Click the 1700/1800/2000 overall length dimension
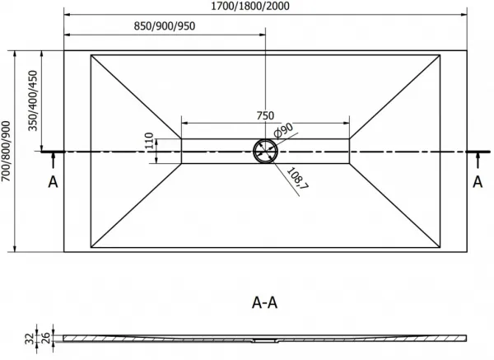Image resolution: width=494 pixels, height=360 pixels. (x=249, y=6)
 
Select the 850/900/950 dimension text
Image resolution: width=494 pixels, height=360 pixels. (x=165, y=26)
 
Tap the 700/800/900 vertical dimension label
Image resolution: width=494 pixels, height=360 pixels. (x=6, y=152)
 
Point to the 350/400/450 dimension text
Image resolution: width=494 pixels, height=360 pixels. (x=33, y=101)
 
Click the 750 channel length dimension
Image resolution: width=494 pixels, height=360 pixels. (x=265, y=115)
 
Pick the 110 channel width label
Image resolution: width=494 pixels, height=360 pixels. (x=149, y=141)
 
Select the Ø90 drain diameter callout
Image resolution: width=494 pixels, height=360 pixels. (x=283, y=130)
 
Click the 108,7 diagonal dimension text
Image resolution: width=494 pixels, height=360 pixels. (x=297, y=179)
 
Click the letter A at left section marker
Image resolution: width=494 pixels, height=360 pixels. (x=53, y=182)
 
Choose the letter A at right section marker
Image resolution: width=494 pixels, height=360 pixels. (x=478, y=182)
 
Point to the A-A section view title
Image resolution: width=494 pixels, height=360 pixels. (x=264, y=302)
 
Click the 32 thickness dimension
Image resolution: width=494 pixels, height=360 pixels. (x=30, y=339)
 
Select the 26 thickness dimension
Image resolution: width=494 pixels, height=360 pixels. (x=46, y=338)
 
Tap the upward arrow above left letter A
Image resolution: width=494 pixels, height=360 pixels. (x=53, y=160)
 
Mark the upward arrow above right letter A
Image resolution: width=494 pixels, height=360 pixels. (x=478, y=160)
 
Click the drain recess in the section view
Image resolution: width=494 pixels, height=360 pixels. (x=265, y=340)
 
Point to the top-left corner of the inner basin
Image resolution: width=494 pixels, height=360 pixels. (x=91, y=55)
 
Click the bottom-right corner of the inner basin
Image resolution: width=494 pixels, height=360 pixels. (x=440, y=247)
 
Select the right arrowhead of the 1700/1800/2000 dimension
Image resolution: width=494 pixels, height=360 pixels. (x=464, y=15)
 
